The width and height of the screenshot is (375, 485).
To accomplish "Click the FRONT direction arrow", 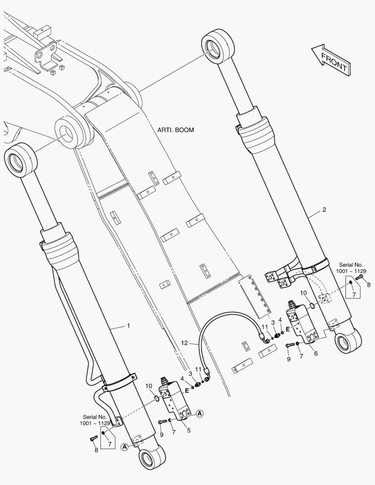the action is click(x=331, y=59).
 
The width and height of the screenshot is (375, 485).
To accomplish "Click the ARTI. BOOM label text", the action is click(x=176, y=130).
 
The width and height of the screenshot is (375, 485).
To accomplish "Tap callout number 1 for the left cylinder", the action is click(x=128, y=326).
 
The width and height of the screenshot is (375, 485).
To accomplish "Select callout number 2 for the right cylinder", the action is click(x=324, y=210).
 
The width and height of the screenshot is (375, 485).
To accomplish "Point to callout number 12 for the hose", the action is click(x=185, y=343).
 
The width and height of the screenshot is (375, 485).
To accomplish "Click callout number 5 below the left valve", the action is click(x=189, y=430).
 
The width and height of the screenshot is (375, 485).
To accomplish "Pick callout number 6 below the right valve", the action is click(x=316, y=353).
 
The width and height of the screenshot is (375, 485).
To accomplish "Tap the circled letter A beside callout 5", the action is click(x=200, y=413).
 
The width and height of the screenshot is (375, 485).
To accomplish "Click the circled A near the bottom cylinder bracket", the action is click(x=124, y=447).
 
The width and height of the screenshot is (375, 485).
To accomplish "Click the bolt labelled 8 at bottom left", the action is click(x=93, y=438).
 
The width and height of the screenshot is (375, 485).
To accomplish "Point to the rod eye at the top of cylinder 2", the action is click(x=217, y=46).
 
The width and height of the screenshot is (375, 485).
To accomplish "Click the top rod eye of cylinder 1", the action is click(x=20, y=160).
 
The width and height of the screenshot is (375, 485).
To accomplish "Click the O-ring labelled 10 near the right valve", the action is click(x=312, y=306).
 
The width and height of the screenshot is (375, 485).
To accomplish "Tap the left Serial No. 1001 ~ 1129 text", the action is click(x=95, y=420).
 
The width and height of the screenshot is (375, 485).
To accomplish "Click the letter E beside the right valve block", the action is click(x=288, y=330).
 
